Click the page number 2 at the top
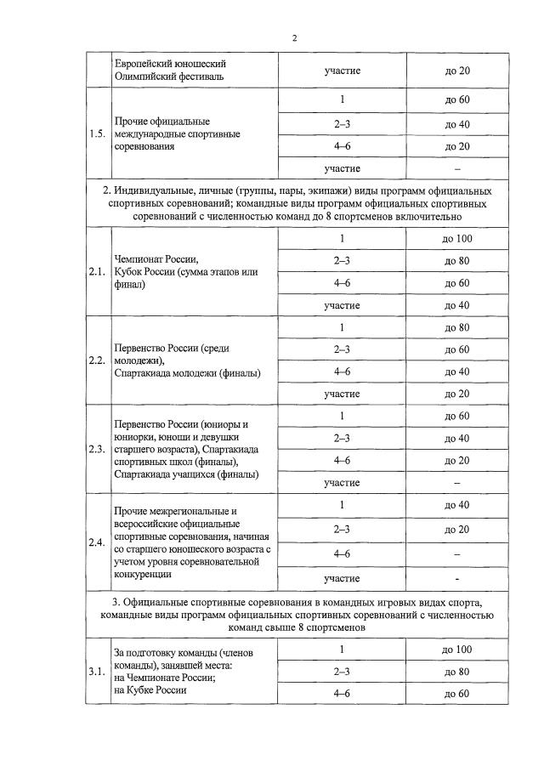pyautogui.click(x=294, y=38)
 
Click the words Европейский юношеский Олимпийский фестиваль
pyautogui.click(x=170, y=70)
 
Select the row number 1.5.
pyautogui.click(x=98, y=134)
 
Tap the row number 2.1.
pyautogui.click(x=98, y=272)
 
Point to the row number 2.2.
pyautogui.click(x=98, y=360)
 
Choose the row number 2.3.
pyautogui.click(x=98, y=449)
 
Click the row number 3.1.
pyautogui.click(x=98, y=672)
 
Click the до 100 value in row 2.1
pyautogui.click(x=457, y=239)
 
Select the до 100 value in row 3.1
pyautogui.click(x=457, y=650)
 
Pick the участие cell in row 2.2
pyautogui.click(x=342, y=394)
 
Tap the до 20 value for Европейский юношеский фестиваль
pyautogui.click(x=457, y=70)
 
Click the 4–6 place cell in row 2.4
pyautogui.click(x=342, y=553)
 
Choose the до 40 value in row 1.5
pyautogui.click(x=457, y=124)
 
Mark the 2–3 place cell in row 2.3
pyautogui.click(x=342, y=438)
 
